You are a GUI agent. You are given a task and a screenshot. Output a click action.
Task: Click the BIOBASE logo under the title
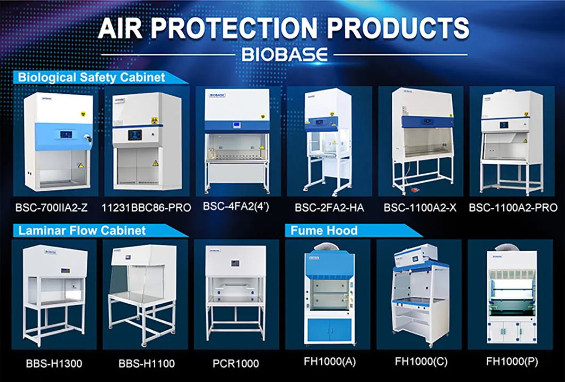coord(284,54)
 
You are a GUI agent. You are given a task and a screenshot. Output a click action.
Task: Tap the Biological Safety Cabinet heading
coord(92,78)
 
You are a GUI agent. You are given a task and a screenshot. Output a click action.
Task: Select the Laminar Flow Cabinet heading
coord(82,231)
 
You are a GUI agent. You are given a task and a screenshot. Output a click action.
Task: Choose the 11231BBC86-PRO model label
coord(146,208)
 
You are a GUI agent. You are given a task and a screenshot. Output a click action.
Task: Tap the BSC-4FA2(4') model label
coord(236,206)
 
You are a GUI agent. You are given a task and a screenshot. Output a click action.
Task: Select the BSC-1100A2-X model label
coord(420,208)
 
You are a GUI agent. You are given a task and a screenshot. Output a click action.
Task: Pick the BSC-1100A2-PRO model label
coord(513,208)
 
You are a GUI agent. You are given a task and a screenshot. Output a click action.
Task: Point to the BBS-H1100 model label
coord(146,364)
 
